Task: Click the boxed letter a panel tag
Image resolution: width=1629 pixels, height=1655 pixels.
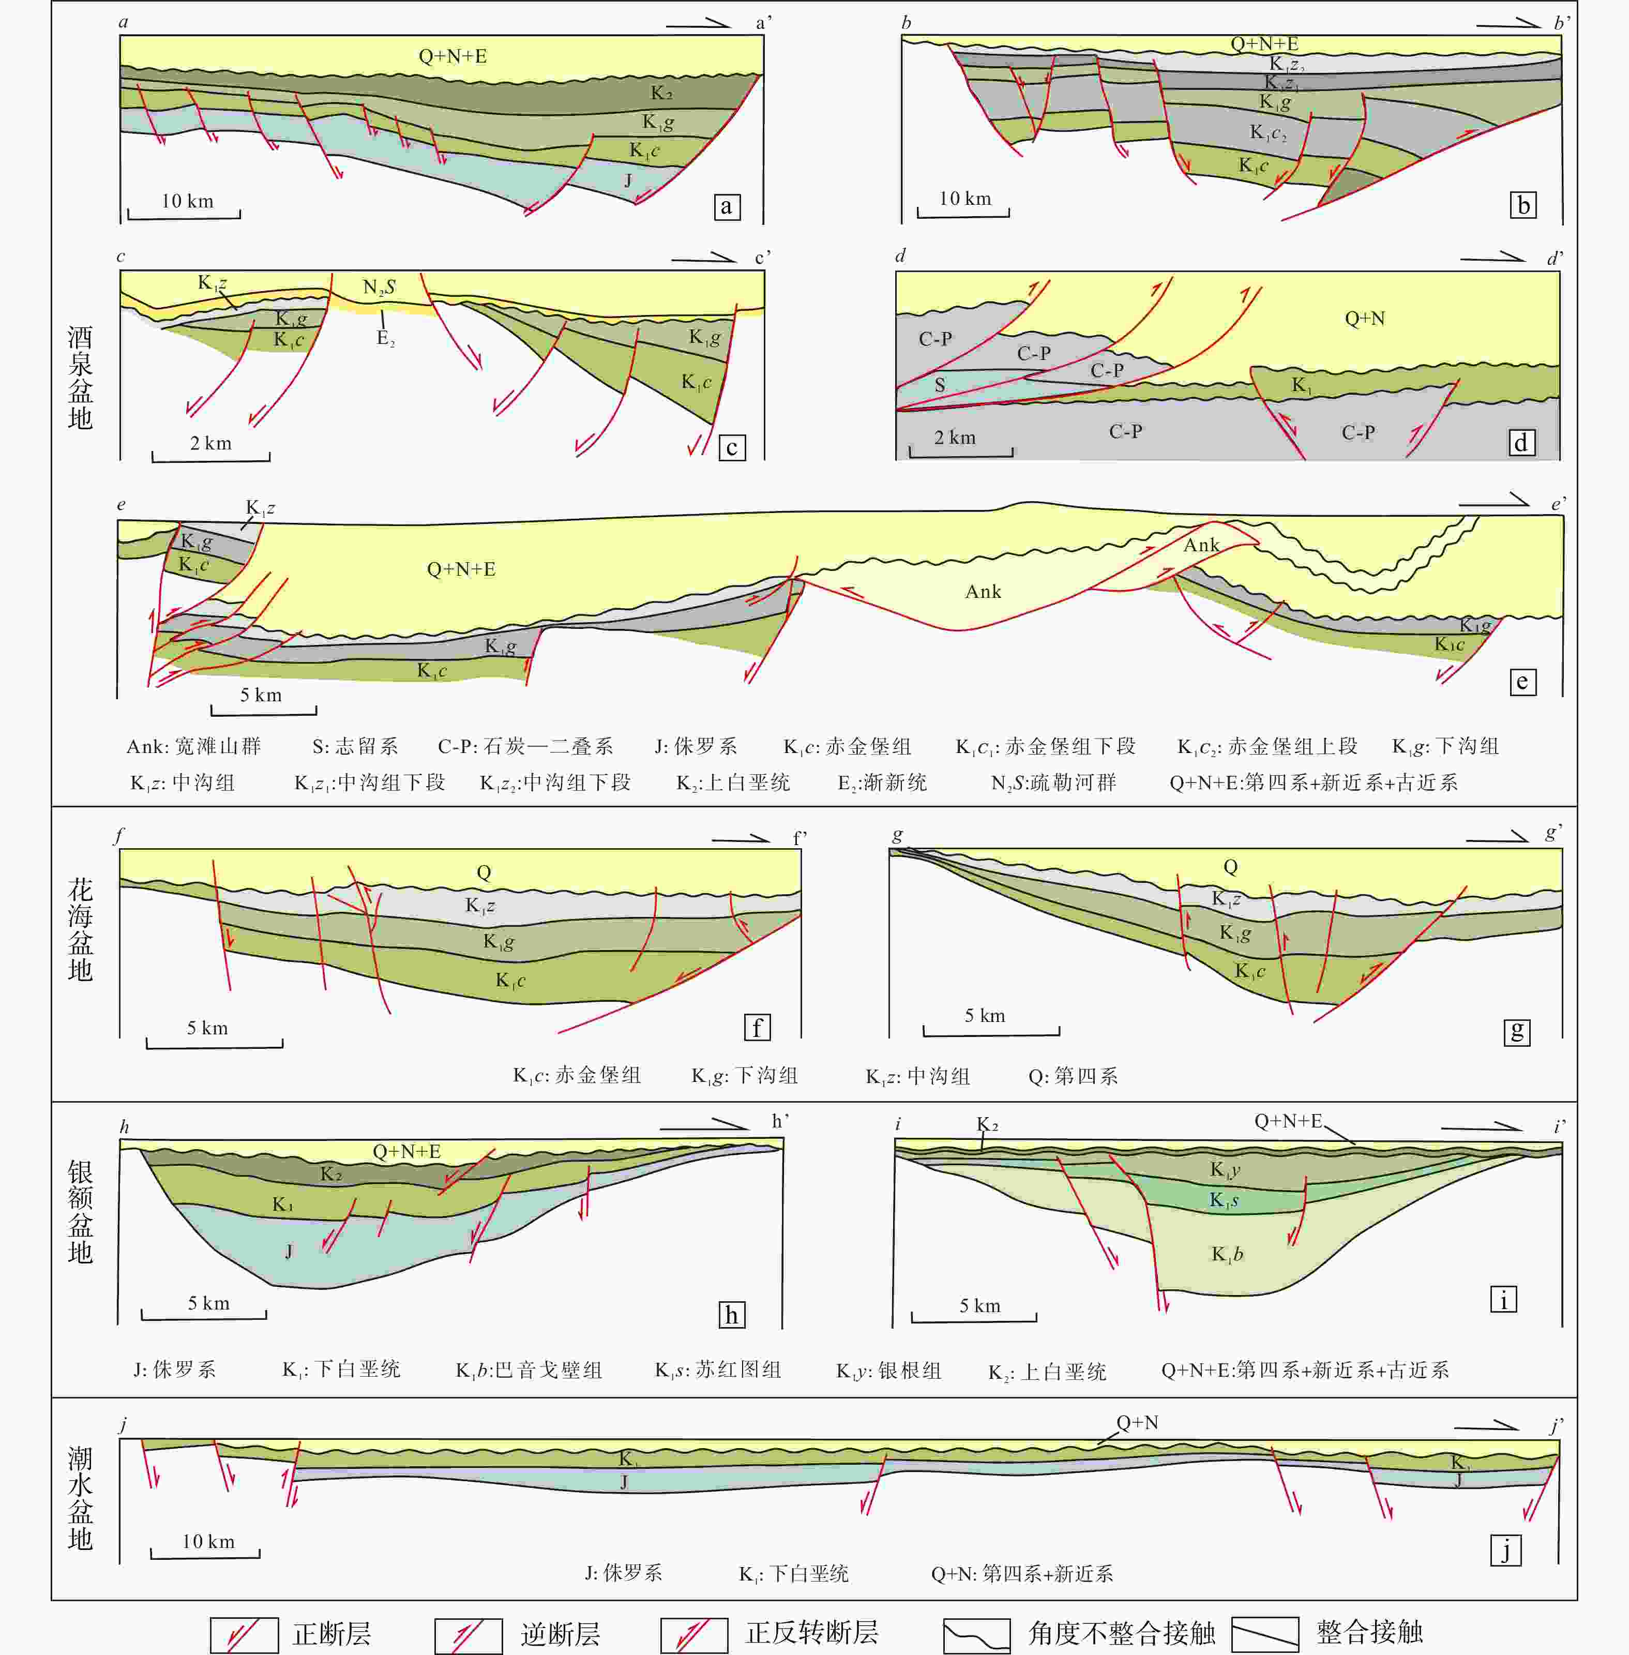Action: click(727, 206)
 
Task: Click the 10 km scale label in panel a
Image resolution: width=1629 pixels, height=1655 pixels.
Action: click(187, 201)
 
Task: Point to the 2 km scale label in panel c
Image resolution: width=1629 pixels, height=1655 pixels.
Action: click(210, 443)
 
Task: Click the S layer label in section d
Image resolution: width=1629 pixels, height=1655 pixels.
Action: click(940, 385)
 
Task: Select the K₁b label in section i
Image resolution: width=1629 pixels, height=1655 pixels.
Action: click(1227, 1255)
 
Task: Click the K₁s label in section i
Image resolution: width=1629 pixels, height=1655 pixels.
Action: click(1224, 1200)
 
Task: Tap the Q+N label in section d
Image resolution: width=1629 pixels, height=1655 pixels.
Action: click(1365, 319)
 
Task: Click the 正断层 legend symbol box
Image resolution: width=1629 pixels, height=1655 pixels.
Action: click(244, 1634)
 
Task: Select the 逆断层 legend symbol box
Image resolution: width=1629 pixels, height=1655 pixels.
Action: click(468, 1634)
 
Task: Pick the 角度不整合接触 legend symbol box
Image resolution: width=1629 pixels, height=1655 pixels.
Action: click(976, 1634)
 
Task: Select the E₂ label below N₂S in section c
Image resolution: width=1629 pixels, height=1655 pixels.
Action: click(386, 338)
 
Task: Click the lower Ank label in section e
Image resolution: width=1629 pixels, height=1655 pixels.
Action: click(983, 591)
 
